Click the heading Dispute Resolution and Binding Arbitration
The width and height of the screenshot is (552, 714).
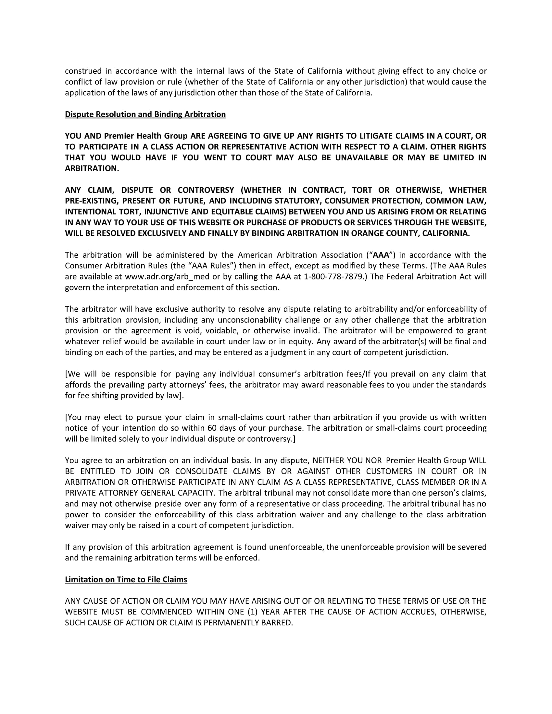pyautogui.click(x=145, y=115)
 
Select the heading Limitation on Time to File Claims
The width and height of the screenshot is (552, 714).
pyautogui.click(x=126, y=580)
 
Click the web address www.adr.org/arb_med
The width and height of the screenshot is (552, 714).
pyautogui.click(x=167, y=277)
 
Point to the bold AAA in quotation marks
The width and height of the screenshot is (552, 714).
pyautogui.click(x=381, y=255)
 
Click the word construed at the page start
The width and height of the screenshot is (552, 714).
pyautogui.click(x=83, y=71)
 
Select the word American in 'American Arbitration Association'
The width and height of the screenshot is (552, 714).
pyautogui.click(x=256, y=255)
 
